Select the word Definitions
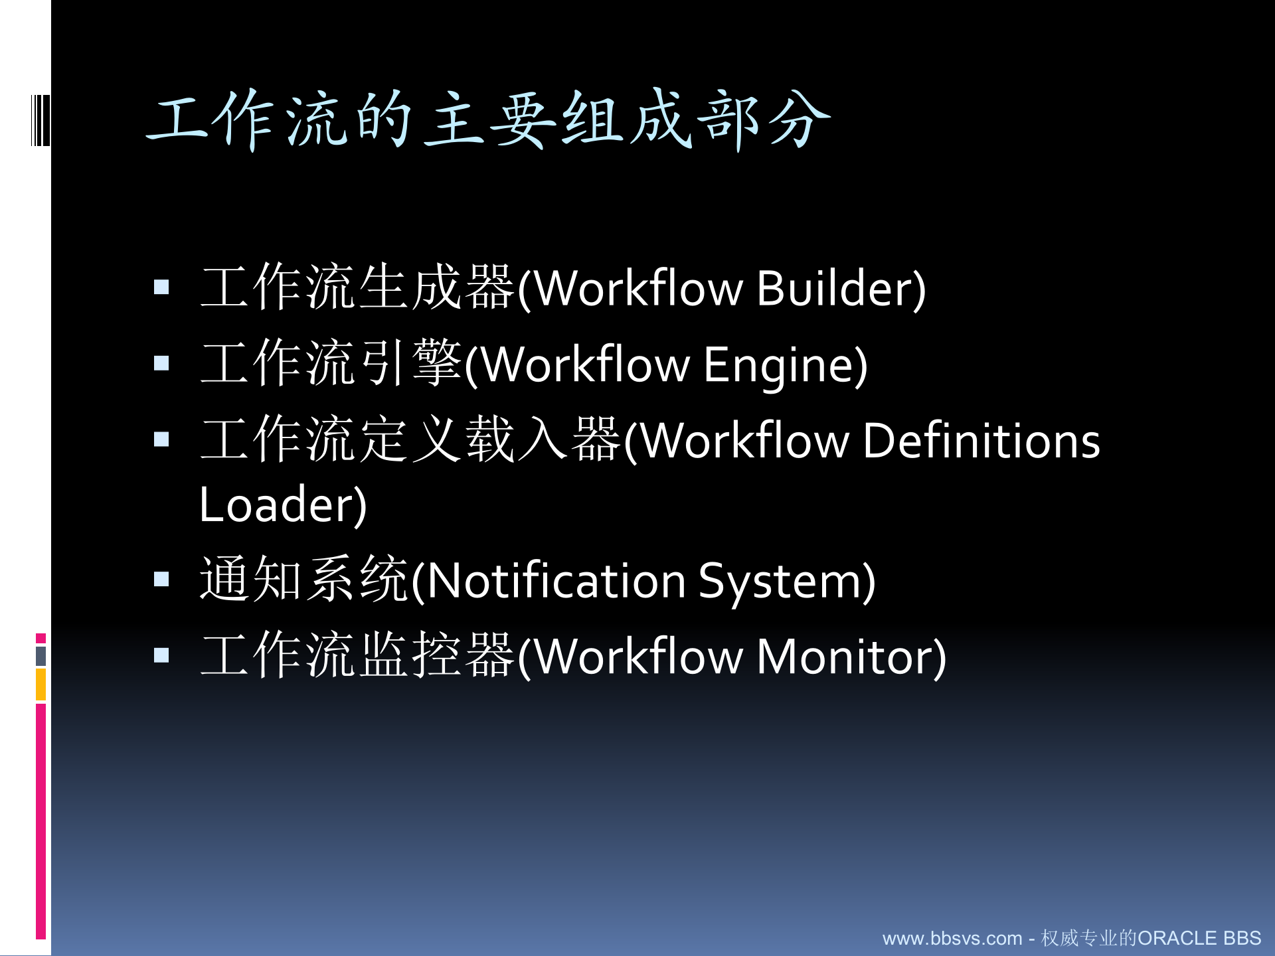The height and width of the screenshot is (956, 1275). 981,441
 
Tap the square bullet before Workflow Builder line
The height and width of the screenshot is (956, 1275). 161,287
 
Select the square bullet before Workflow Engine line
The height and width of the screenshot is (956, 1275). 161,363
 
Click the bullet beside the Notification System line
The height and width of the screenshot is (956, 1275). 161,580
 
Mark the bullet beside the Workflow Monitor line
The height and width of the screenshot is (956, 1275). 161,656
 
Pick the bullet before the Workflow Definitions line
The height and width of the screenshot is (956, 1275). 161,439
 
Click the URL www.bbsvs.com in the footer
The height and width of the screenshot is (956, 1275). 952,938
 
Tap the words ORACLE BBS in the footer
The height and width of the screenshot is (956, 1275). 1199,938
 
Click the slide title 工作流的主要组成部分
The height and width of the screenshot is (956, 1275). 488,119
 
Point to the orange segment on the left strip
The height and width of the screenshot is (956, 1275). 41,684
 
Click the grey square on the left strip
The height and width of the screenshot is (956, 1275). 41,656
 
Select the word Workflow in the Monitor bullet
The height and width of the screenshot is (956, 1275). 638,657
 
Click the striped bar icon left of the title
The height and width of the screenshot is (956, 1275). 41,120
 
